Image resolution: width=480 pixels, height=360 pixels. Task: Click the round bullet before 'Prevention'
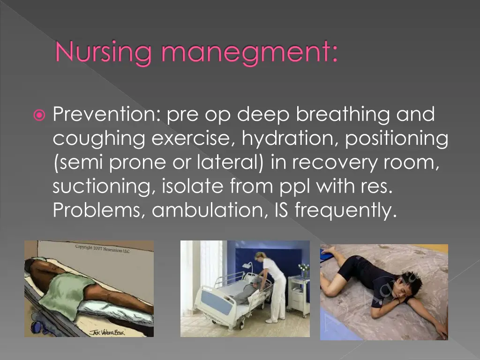40,115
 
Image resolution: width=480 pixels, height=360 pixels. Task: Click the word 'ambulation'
210,211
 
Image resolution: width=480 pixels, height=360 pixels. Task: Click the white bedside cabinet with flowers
298,295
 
